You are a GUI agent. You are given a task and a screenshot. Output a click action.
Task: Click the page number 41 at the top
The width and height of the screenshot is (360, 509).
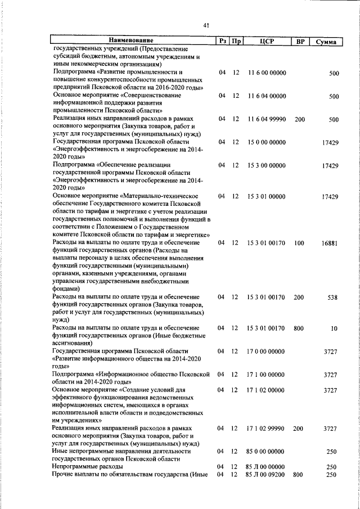(x=206, y=25)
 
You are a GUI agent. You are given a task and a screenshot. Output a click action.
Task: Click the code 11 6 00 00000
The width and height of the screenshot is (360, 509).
(x=267, y=73)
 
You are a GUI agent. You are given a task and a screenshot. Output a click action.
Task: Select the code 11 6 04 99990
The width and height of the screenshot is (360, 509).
(x=267, y=120)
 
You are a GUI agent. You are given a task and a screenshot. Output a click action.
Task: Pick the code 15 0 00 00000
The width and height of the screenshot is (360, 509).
(x=267, y=143)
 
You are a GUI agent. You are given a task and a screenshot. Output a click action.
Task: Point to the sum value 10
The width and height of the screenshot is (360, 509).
(x=334, y=328)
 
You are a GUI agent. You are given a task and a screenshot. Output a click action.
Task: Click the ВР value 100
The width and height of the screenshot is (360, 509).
(x=299, y=243)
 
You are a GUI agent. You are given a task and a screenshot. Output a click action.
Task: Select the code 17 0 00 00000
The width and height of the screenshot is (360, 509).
(x=267, y=351)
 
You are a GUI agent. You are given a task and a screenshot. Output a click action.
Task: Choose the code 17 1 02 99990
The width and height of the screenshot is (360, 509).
(x=267, y=429)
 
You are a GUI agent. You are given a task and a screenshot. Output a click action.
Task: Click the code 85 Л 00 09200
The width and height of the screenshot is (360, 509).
(x=267, y=475)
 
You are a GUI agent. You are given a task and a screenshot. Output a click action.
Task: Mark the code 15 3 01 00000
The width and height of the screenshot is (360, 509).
(x=267, y=197)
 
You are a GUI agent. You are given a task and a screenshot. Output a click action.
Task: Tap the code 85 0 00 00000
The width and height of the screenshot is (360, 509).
(x=267, y=451)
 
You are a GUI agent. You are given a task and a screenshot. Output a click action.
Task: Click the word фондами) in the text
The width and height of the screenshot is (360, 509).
(x=66, y=289)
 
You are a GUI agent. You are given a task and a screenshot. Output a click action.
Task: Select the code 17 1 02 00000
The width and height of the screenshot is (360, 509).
(x=267, y=390)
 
